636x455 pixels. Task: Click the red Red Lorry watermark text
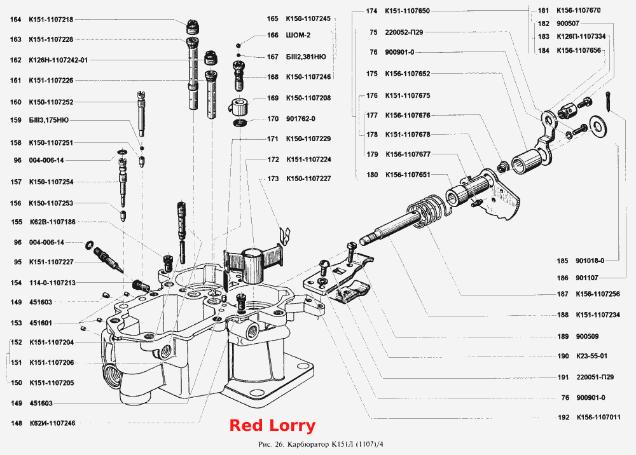pyautogui.click(x=272, y=425)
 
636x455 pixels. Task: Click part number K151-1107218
pyautogui.click(x=51, y=20)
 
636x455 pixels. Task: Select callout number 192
pyautogui.click(x=563, y=418)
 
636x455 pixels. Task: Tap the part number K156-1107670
pyautogui.click(x=579, y=11)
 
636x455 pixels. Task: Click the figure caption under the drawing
pyautogui.click(x=321, y=444)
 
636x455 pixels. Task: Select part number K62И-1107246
pyautogui.click(x=52, y=423)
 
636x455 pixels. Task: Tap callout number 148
pyautogui.click(x=17, y=423)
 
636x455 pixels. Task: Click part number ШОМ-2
pyautogui.click(x=298, y=35)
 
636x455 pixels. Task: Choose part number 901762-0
pyautogui.click(x=301, y=119)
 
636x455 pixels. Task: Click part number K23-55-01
pyautogui.click(x=591, y=356)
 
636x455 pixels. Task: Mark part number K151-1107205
pyautogui.click(x=52, y=383)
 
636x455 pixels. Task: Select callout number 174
pyautogui.click(x=371, y=11)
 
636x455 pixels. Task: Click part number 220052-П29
pyautogui.click(x=404, y=32)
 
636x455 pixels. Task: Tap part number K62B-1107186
pyautogui.click(x=53, y=222)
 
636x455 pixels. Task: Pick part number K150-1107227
pyautogui.click(x=308, y=179)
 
